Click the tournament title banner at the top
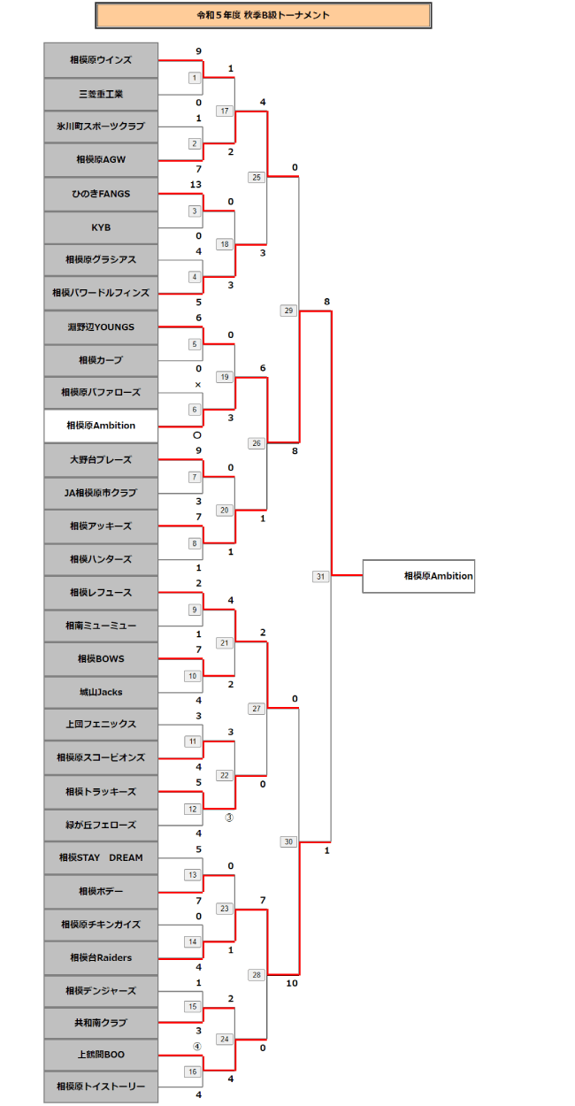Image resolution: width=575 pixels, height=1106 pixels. tap(263, 15)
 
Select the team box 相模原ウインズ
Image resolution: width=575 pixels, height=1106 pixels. tap(101, 60)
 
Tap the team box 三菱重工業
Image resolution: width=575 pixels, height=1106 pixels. tap(101, 94)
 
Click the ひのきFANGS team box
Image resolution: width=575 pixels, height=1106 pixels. tap(101, 194)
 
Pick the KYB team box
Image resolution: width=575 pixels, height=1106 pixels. tap(101, 227)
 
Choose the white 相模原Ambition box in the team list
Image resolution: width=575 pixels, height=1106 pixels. tap(101, 426)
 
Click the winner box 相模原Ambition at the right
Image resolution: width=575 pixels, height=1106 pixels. tap(418, 576)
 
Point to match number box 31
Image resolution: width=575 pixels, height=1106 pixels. tap(320, 576)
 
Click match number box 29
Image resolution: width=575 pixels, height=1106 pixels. tap(288, 311)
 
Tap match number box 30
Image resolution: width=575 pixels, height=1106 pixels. tap(288, 841)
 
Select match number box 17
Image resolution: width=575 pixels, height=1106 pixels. tap(225, 111)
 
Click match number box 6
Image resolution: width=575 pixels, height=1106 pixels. tap(194, 410)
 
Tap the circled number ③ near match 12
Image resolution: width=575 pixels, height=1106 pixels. tap(228, 818)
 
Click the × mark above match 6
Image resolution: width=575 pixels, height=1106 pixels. tap(198, 384)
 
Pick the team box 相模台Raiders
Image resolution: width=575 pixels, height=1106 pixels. tap(101, 956)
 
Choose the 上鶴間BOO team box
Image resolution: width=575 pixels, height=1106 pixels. tap(101, 1055)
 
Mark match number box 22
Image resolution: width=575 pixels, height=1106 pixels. tap(225, 775)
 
